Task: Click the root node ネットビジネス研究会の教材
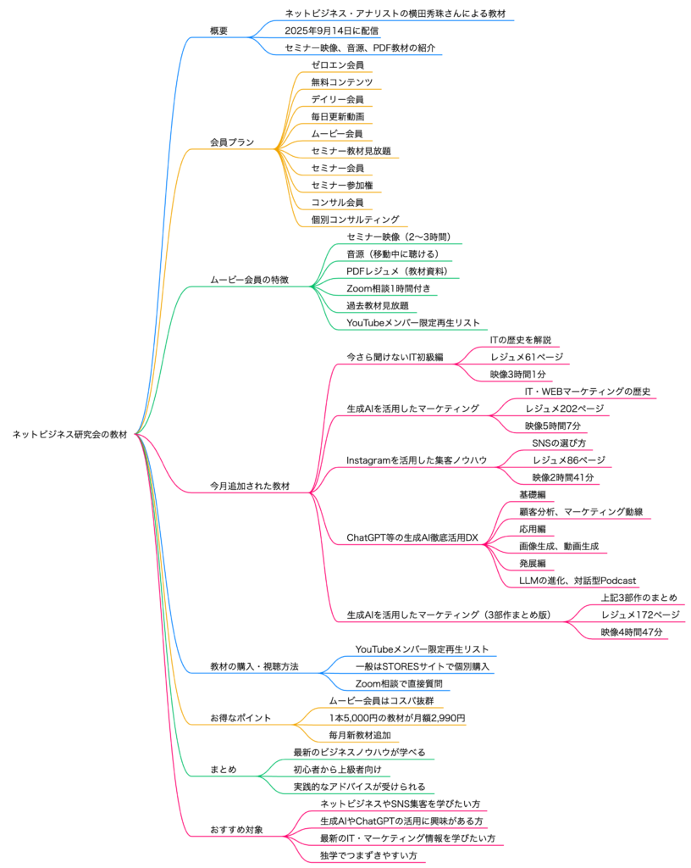(x=69, y=435)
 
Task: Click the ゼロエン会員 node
(x=337, y=65)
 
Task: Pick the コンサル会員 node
(x=337, y=203)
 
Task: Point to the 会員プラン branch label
(x=232, y=142)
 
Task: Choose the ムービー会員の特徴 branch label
(x=252, y=280)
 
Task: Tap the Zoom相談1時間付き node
(x=389, y=288)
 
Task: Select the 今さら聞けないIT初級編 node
(x=395, y=357)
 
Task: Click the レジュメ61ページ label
(x=526, y=357)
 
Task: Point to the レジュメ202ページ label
(x=564, y=409)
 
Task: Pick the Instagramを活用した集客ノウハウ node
(x=417, y=460)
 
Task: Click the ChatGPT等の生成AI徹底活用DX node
(x=413, y=537)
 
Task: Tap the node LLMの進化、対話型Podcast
(x=578, y=581)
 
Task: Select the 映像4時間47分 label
(x=632, y=632)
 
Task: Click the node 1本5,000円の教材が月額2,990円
(x=397, y=718)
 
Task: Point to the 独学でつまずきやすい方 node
(x=369, y=855)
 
